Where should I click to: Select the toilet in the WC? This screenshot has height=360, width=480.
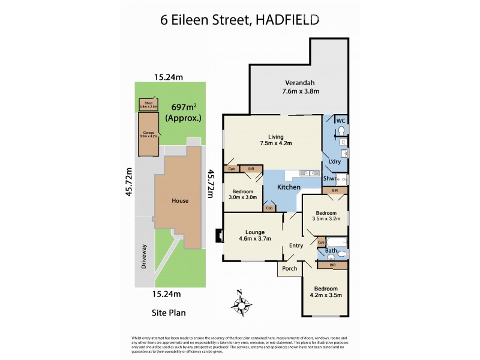pyautogui.click(x=341, y=130)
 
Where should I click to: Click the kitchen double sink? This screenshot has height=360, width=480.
pyautogui.click(x=311, y=173)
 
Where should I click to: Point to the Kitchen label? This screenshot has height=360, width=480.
pyautogui.click(x=288, y=187)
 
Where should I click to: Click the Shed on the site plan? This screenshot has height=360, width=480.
pyautogui.click(x=148, y=104)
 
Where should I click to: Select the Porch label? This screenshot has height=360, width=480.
pyautogui.click(x=290, y=268)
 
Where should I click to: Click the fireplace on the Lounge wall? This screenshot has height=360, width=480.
pyautogui.click(x=218, y=236)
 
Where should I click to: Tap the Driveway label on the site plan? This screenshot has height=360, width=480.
pyautogui.click(x=143, y=257)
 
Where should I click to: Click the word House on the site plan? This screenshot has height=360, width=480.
pyautogui.click(x=180, y=201)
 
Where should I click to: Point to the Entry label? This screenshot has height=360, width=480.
pyautogui.click(x=296, y=245)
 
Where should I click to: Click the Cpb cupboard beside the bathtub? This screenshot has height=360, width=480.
pyautogui.click(x=322, y=242)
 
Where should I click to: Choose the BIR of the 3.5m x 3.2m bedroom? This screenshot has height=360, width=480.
pyautogui.click(x=335, y=190)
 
